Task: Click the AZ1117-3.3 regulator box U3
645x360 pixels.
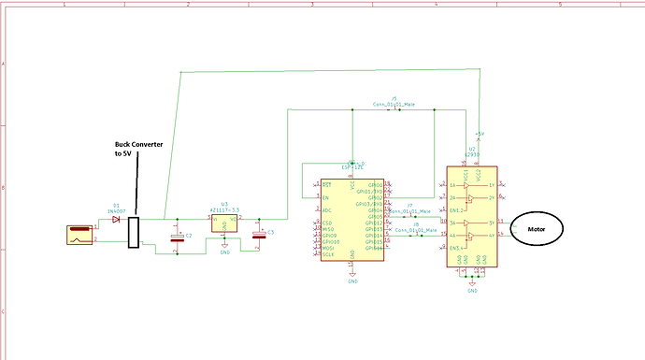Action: point(224,221)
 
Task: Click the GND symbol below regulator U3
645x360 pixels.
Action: point(224,250)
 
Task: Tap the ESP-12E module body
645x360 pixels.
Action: point(351,221)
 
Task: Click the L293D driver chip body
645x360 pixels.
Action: point(472,217)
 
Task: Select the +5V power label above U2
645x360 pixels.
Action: point(480,134)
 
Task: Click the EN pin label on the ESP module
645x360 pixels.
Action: point(326,198)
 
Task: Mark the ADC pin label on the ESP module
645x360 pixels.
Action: point(327,210)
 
